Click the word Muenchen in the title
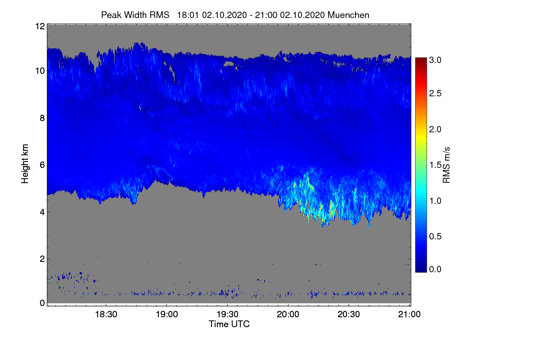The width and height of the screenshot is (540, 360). coord(348,15)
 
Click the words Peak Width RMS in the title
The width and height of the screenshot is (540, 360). coord(135,15)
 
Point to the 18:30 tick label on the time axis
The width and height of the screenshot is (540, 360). coord(106,314)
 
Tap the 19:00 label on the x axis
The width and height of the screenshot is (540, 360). coord(167,314)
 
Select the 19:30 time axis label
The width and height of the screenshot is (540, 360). coord(227,314)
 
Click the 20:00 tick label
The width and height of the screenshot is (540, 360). coord(288,314)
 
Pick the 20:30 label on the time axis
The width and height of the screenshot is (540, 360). coord(349,314)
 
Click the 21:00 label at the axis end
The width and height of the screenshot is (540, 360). coord(409,314)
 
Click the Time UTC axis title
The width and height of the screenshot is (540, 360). coord(229,324)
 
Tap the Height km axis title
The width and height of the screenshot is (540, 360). coord(25,164)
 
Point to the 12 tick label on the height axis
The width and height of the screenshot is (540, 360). coord(40,26)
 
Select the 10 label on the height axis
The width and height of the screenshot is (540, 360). coord(40,71)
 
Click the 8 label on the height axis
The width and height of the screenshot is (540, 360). coord(42,118)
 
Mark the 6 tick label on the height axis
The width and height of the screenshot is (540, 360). coord(42,165)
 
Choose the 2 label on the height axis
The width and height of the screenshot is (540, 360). coord(42,259)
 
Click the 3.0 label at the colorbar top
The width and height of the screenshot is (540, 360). coord(435,60)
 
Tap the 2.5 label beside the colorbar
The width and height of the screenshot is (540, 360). coord(435,93)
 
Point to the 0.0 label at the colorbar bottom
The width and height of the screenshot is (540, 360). coord(435,269)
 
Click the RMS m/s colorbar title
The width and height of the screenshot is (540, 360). coord(446,165)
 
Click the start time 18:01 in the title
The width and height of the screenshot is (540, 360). coord(188,15)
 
